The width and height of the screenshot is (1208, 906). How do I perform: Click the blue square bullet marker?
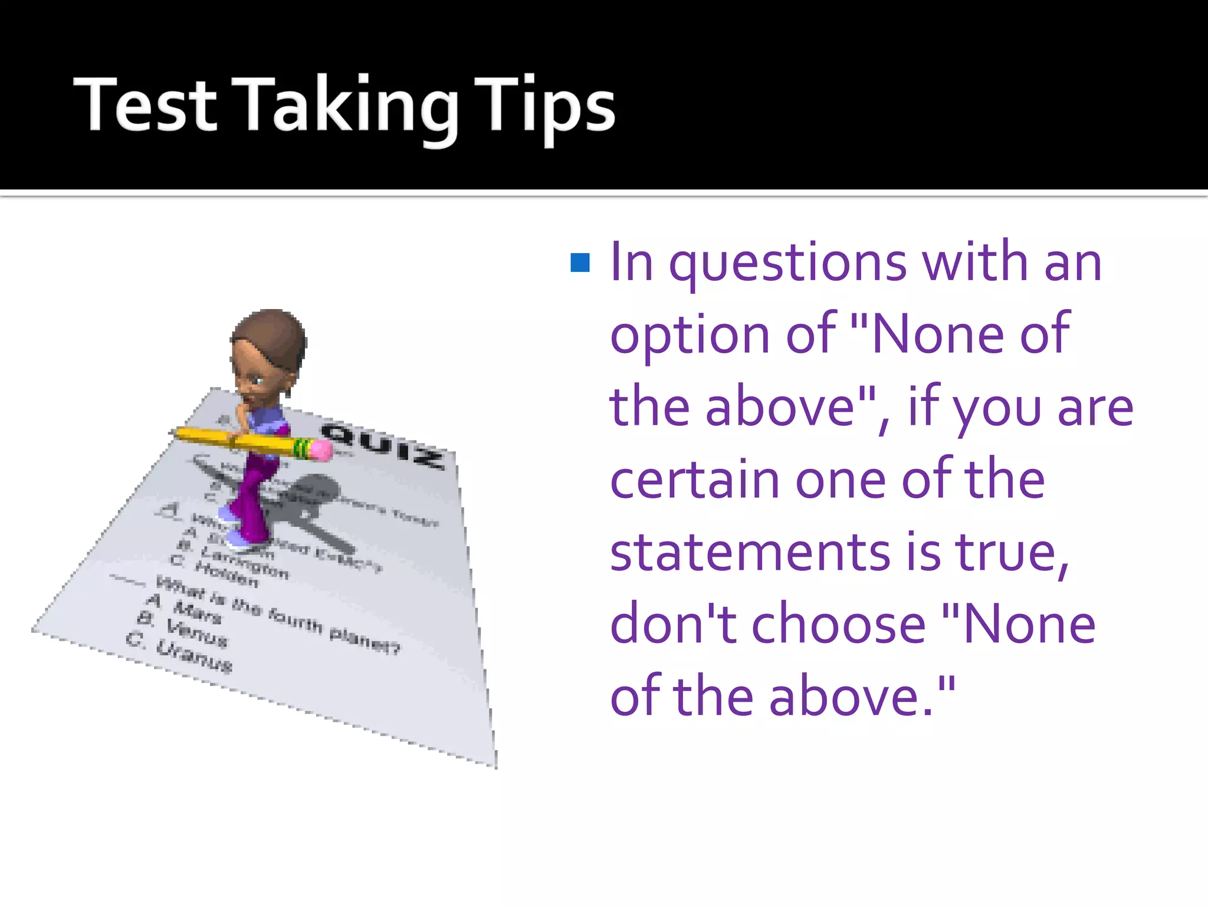pos(580,262)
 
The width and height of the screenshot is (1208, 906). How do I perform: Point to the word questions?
pos(787,264)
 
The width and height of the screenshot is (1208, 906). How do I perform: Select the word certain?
pos(694,480)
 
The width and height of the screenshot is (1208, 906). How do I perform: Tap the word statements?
pos(750,553)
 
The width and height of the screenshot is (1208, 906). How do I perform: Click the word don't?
pos(673,625)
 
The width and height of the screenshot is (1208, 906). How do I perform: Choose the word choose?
pos(838,625)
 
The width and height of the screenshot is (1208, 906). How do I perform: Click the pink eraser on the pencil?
pos(321,451)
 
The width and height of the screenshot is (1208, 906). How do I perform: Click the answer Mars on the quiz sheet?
pos(197,612)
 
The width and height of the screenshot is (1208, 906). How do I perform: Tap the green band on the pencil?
pos(302,448)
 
